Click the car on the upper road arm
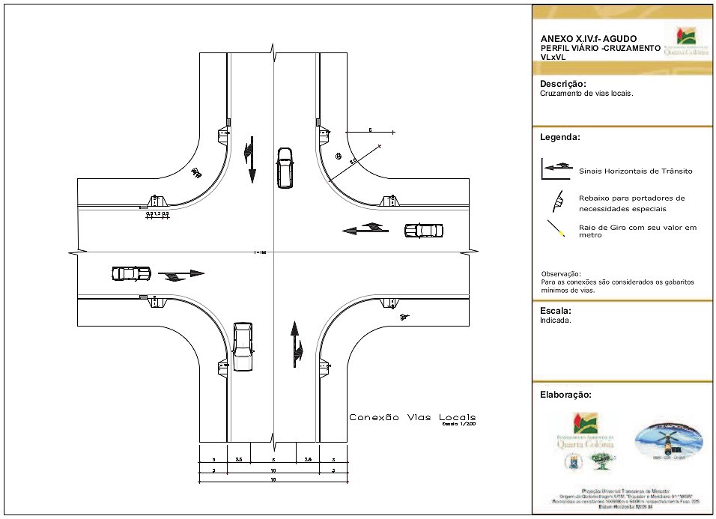point(285,169)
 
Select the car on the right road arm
point(423,231)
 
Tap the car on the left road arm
point(130,273)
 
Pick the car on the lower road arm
point(242,346)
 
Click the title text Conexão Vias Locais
point(412,417)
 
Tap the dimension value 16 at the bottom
point(273,479)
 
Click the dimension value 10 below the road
point(273,470)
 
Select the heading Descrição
point(562,84)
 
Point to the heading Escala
point(556,311)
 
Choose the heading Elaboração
point(565,394)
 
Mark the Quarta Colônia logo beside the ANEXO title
point(685,42)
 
